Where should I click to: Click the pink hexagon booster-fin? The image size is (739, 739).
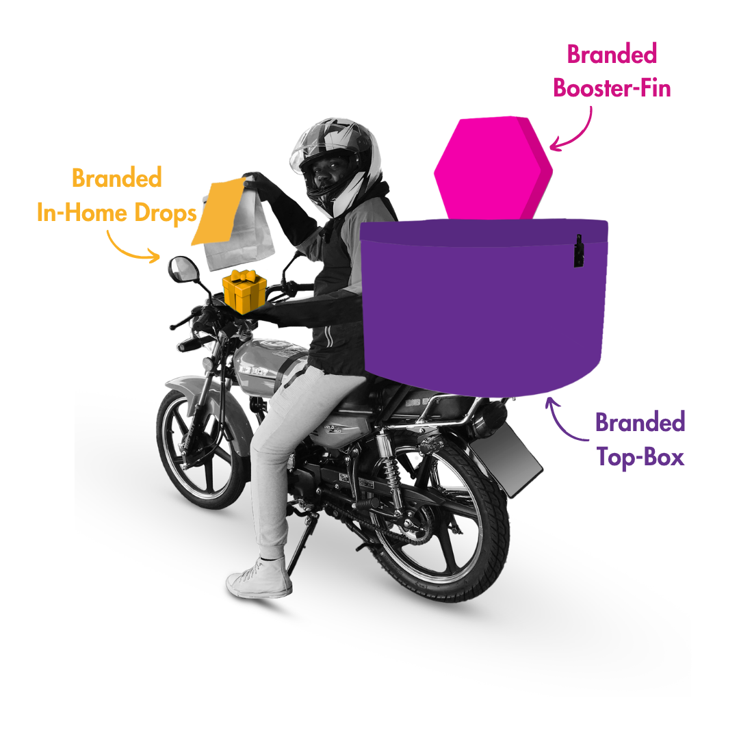[493, 169]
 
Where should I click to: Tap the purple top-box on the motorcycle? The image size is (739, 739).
[484, 307]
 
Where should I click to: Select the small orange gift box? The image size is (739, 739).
[244, 291]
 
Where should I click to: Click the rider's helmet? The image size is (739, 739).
[337, 165]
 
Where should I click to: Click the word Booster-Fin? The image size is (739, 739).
[612, 88]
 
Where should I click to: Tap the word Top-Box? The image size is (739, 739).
[640, 456]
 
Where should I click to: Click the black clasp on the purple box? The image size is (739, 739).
[579, 250]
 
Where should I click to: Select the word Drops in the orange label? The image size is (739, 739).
[166, 213]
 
